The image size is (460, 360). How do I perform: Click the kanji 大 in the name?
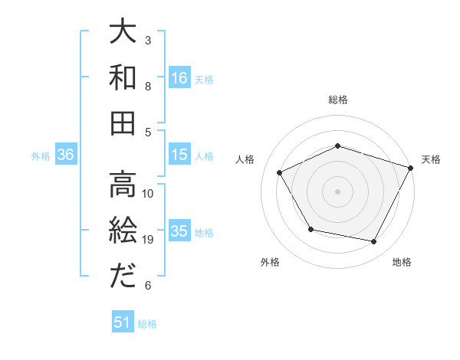click(123, 34)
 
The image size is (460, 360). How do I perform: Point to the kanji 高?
click(123, 184)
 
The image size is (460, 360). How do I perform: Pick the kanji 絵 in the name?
click(123, 230)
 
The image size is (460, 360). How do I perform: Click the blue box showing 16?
click(179, 77)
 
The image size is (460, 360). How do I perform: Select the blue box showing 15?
click(179, 155)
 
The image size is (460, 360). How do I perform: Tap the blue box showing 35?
click(179, 231)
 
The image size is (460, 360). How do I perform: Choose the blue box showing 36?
click(65, 155)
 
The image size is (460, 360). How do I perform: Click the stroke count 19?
click(149, 240)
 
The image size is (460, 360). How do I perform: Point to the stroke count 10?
click(149, 193)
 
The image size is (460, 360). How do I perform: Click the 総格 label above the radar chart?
click(337, 100)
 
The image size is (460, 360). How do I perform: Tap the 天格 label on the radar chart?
click(431, 159)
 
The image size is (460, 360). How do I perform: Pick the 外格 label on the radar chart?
click(270, 262)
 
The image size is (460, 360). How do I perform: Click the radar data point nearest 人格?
click(280, 173)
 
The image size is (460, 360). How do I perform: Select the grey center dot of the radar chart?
click(337, 191)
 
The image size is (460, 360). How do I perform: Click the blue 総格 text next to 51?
click(148, 324)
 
